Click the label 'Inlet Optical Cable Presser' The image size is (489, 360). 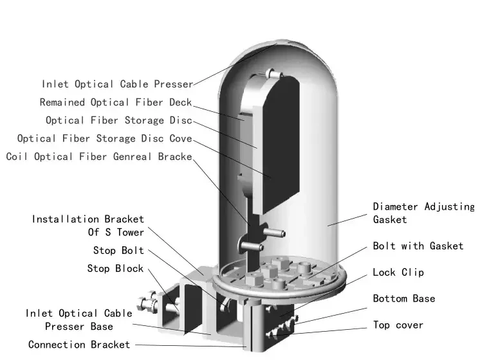click(x=118, y=84)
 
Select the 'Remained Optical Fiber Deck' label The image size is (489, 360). click(x=116, y=102)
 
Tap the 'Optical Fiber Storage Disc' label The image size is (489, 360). click(x=119, y=120)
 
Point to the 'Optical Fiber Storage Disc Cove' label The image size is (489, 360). click(x=104, y=138)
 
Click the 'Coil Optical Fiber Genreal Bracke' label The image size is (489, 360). click(x=99, y=156)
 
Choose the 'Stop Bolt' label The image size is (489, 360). click(x=118, y=250)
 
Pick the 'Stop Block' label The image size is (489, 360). click(x=115, y=268)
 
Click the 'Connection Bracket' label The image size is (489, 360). click(x=79, y=345)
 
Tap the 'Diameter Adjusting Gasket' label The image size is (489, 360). click(x=423, y=213)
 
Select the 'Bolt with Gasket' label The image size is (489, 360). click(x=418, y=246)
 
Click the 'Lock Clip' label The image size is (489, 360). click(x=398, y=272)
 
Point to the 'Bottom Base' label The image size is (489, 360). click(x=404, y=298)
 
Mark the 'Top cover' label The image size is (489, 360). click(x=398, y=325)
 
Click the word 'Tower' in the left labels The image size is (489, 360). click(x=131, y=232)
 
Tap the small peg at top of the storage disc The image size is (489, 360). click(x=274, y=74)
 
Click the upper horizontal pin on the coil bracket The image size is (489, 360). click(x=274, y=233)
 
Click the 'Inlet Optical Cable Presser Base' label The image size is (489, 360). click(x=79, y=319)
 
